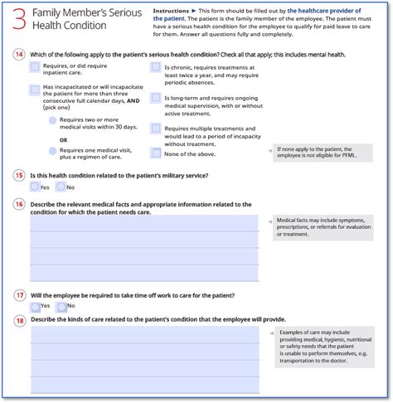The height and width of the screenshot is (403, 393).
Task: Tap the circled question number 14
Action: coord(18,55)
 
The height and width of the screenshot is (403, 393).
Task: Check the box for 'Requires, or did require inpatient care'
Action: coord(33,67)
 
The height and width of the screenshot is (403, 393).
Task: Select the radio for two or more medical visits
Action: coord(53,120)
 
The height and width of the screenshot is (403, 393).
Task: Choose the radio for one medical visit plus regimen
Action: coord(53,152)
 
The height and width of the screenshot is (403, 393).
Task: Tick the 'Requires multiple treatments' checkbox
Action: coord(155,129)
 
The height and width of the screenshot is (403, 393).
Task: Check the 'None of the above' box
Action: coord(155,153)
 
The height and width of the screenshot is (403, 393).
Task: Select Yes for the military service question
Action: coord(34,187)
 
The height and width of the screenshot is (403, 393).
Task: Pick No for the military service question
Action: coord(61,187)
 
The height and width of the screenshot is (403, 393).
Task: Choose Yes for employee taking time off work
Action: coord(34,307)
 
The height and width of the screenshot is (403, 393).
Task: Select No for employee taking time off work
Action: coord(61,307)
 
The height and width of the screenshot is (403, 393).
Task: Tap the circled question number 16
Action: coord(18,204)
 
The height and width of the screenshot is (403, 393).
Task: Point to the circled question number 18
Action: coord(18,319)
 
